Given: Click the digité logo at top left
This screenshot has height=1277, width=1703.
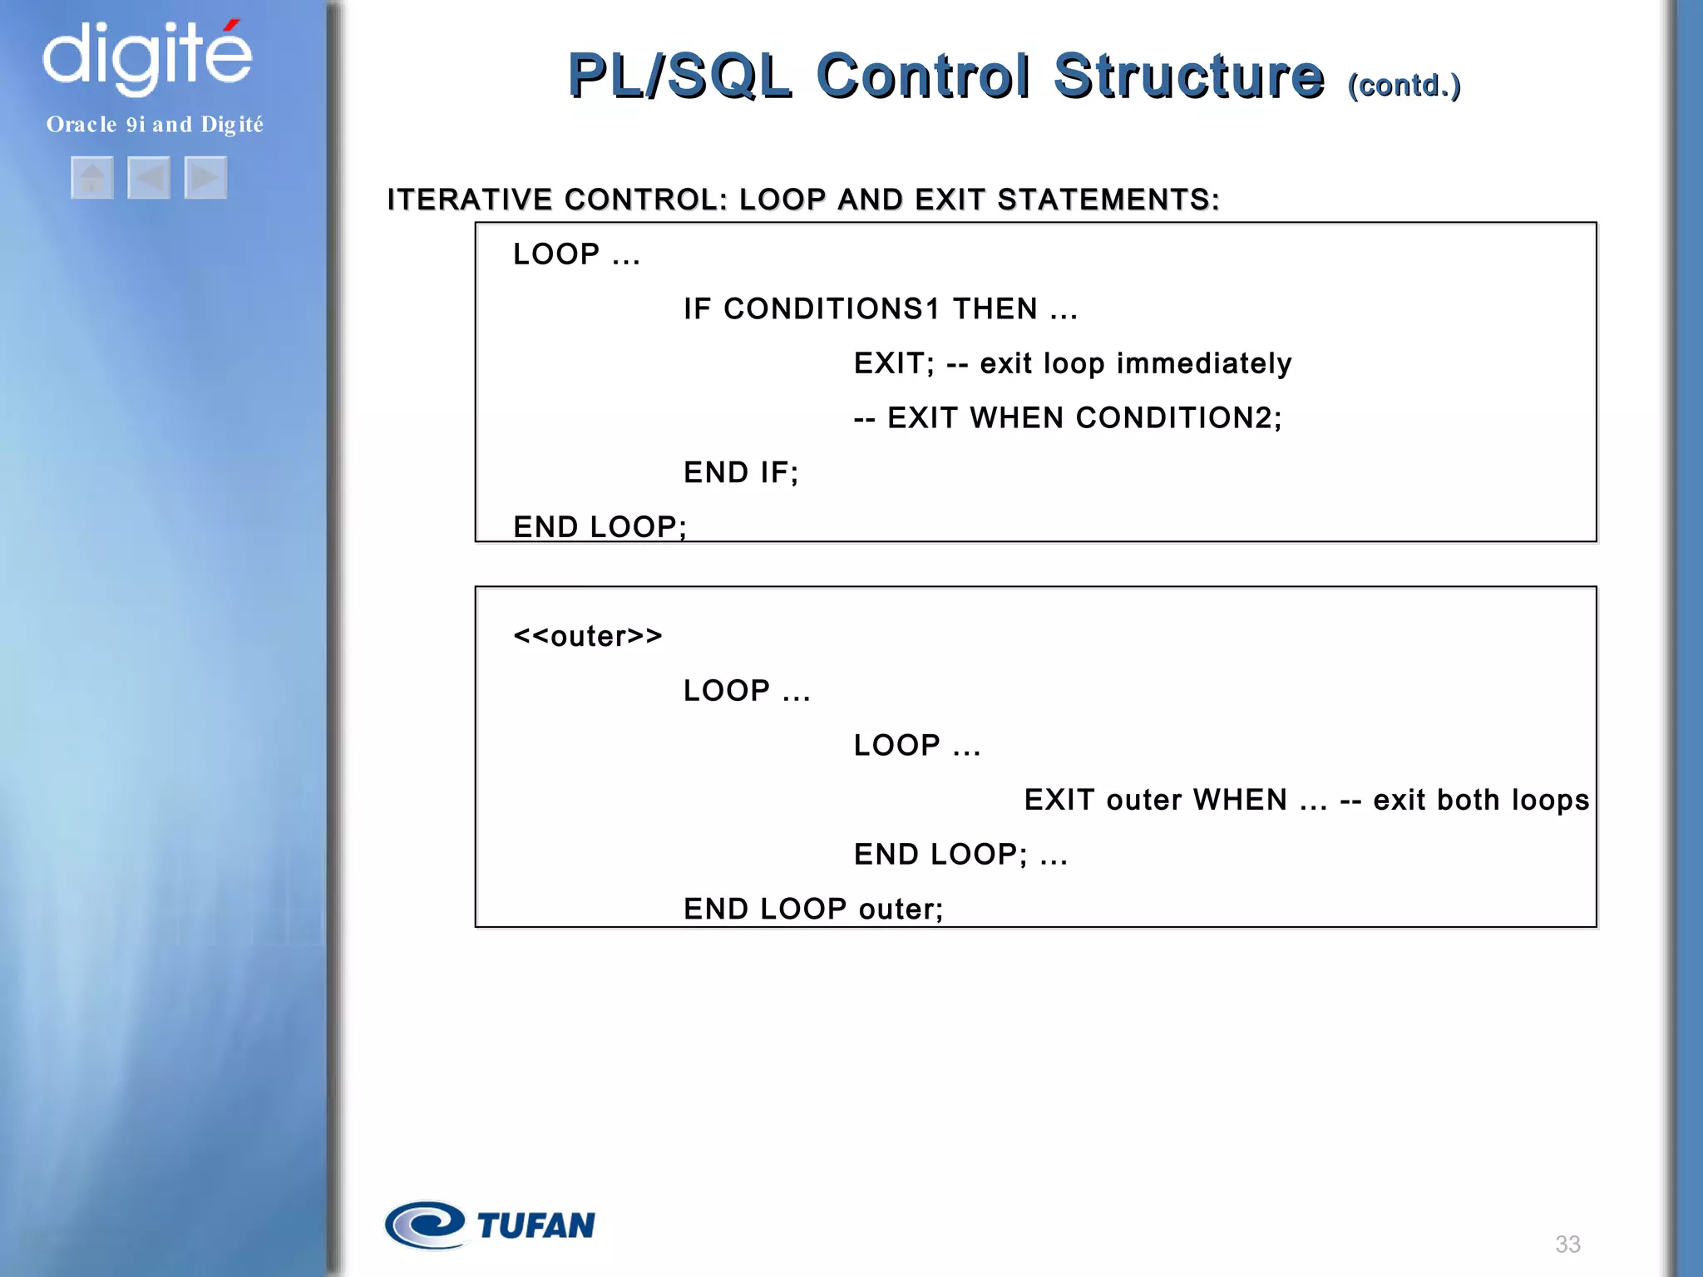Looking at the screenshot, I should point(147,57).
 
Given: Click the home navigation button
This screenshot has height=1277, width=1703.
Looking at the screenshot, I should point(92,177).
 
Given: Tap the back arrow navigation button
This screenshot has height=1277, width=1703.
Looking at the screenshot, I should point(149,177).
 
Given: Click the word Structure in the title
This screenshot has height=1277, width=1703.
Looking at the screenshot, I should point(1188,76).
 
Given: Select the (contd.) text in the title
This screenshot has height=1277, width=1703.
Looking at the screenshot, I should point(1404,86).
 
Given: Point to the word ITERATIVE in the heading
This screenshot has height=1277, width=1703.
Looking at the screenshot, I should point(470,200).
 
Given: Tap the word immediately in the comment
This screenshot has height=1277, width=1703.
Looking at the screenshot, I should point(1204,363).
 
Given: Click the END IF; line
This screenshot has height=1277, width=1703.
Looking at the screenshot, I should point(741,472).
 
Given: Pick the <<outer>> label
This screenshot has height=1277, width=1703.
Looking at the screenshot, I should point(588,636).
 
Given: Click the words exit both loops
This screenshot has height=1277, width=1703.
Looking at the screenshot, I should point(1481,800).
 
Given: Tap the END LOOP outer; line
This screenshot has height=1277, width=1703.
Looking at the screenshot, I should point(813,909).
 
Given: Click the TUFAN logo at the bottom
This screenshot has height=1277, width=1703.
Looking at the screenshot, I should point(491,1225).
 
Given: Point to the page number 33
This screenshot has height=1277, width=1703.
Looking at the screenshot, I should point(1567,1244).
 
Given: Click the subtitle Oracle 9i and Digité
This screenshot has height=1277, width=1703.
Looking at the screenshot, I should point(155,125).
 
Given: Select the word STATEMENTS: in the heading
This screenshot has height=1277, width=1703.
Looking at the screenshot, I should point(1108,200).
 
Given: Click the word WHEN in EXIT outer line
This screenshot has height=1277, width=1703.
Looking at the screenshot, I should point(1240,800).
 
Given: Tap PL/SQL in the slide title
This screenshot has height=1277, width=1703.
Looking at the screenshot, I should point(679,76).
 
